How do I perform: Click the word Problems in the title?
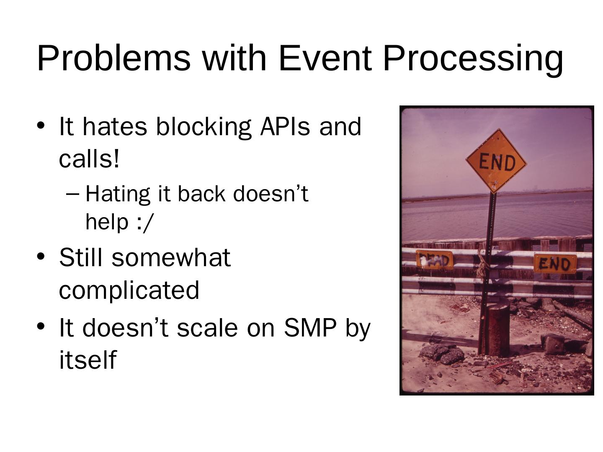point(114,58)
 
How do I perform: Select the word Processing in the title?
point(472,60)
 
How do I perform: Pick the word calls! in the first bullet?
point(89,159)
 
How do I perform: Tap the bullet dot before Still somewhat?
point(41,257)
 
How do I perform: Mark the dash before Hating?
point(72,195)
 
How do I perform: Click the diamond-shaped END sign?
point(496,161)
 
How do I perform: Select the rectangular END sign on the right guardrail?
point(555,264)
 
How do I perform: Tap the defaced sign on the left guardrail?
point(434,259)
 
